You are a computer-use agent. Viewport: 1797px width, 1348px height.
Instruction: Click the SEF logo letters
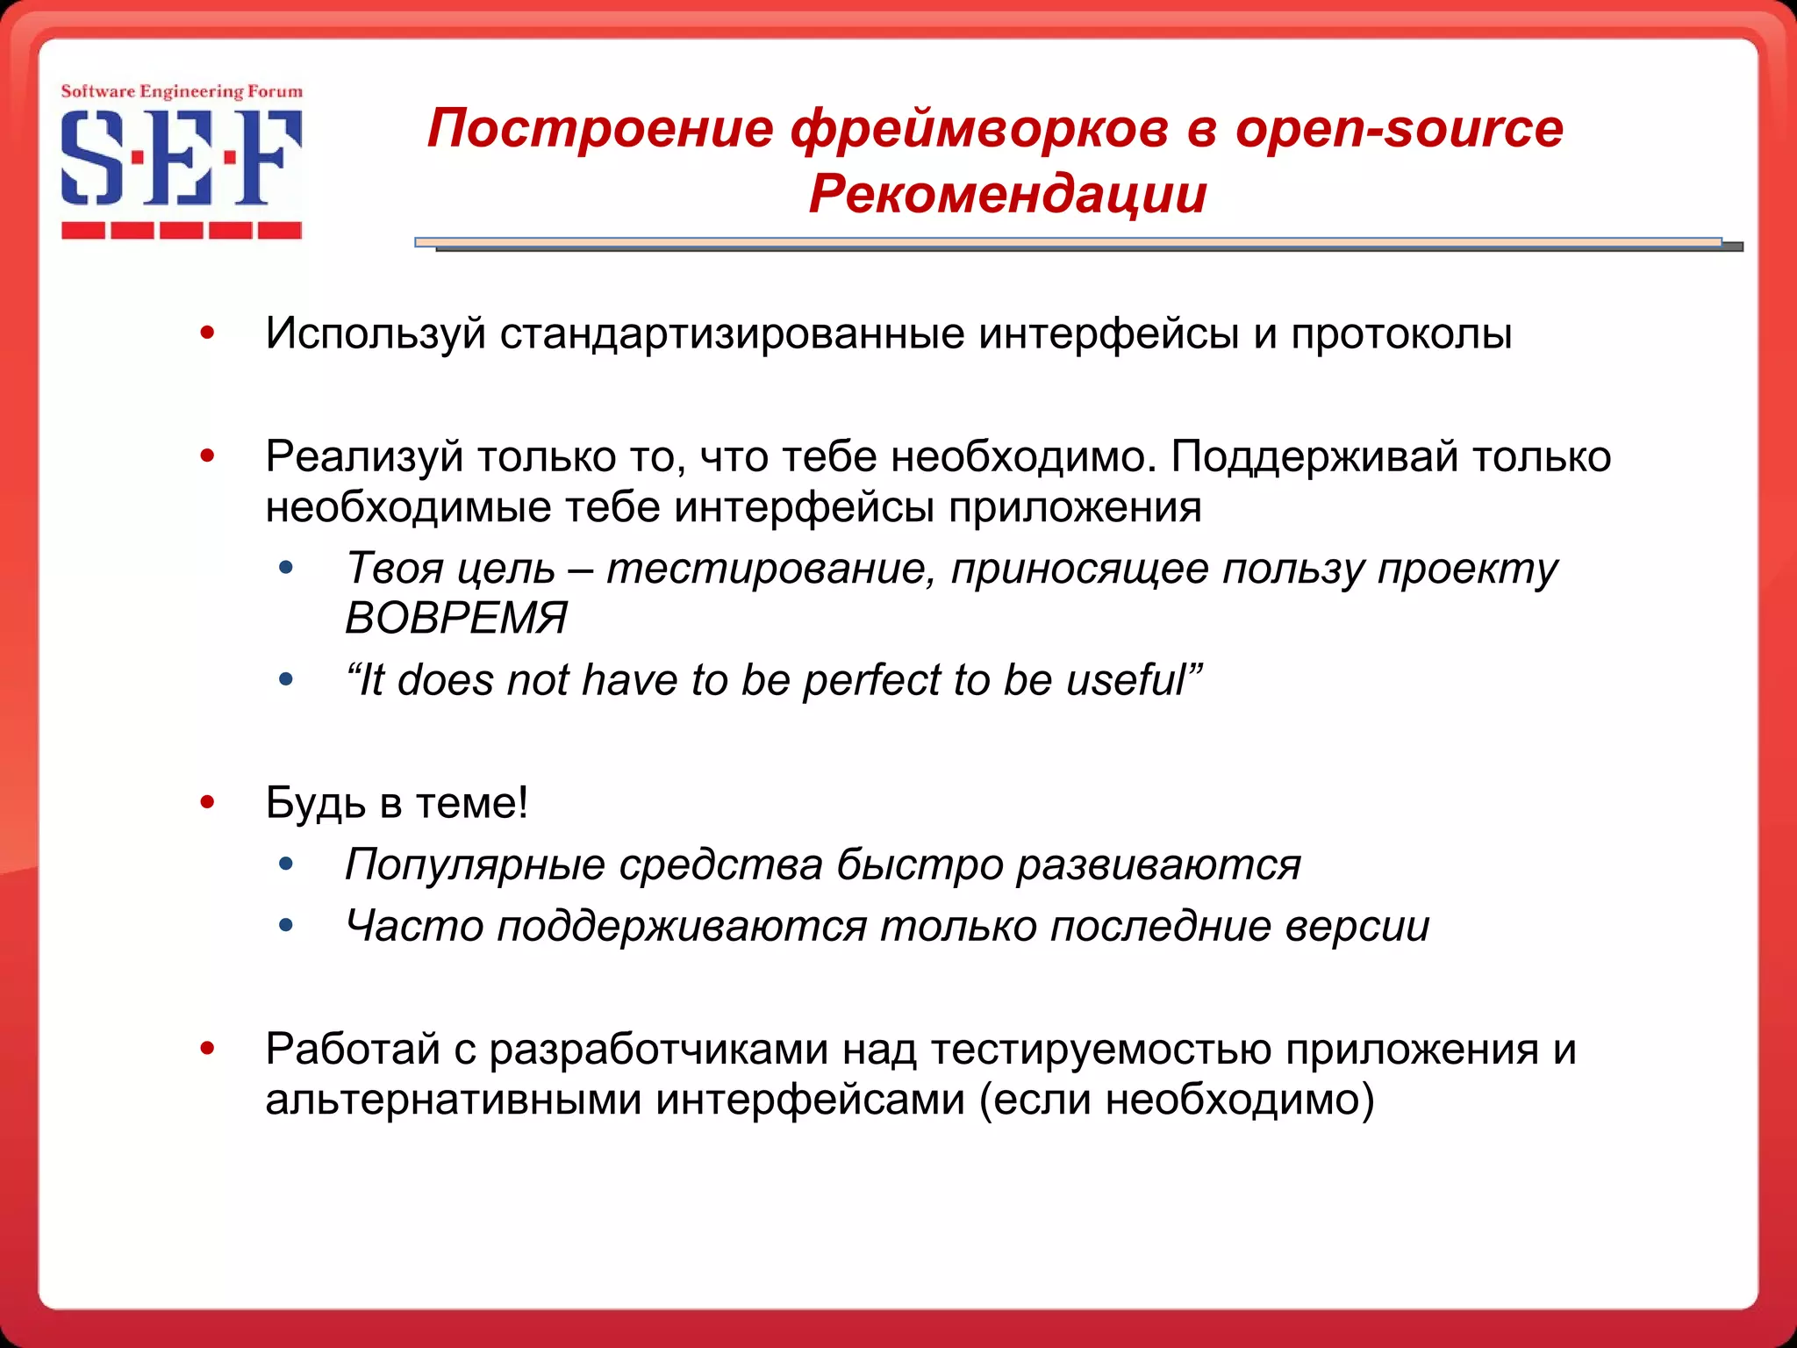tap(182, 158)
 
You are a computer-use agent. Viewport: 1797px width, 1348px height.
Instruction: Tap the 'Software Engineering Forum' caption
tap(182, 91)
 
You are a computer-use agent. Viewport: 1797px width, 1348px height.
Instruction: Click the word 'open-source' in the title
tap(1399, 129)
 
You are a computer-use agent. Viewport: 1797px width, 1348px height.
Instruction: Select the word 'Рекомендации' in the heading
tap(1007, 194)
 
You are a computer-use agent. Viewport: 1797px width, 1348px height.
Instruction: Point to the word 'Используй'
tap(376, 333)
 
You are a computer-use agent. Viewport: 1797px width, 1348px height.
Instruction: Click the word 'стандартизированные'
tap(732, 333)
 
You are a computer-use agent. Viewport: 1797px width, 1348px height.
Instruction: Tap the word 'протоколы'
tap(1401, 333)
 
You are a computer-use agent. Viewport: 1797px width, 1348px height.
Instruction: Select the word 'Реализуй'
tap(364, 456)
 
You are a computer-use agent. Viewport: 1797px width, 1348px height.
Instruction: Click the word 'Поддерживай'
tap(1314, 456)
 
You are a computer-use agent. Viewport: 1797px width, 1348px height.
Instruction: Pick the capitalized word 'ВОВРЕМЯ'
tap(456, 618)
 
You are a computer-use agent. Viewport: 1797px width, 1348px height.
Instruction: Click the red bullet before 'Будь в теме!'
tap(207, 802)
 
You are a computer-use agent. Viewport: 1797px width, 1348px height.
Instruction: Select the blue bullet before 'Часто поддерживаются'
tap(285, 925)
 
